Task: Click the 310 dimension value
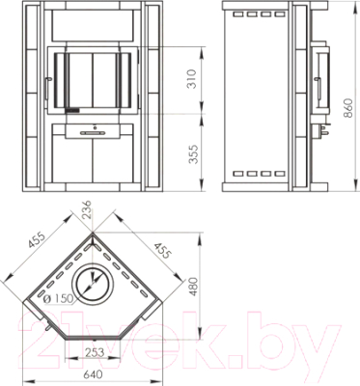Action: coord(192,79)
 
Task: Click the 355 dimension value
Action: coord(193,154)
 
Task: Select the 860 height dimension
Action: coord(349,108)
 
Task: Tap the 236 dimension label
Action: coord(87,209)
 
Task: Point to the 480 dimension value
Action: coord(194,287)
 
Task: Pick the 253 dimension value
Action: coord(96,353)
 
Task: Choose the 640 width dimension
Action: coord(93,374)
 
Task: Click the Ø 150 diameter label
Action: coord(58,298)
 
